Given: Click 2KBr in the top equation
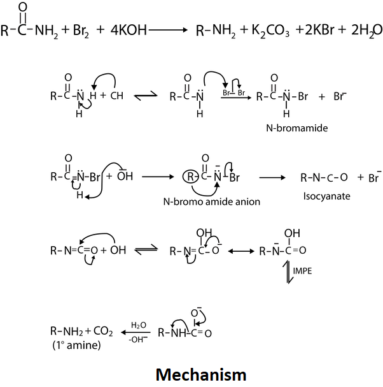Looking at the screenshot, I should pyautogui.click(x=308, y=30).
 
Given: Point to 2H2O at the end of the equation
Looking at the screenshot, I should pyautogui.click(x=361, y=30).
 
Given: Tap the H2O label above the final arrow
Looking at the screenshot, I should pyautogui.click(x=139, y=325).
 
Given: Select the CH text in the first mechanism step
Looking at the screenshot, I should pyautogui.click(x=117, y=96).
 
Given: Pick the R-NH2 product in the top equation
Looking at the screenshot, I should pyautogui.click(x=209, y=30).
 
